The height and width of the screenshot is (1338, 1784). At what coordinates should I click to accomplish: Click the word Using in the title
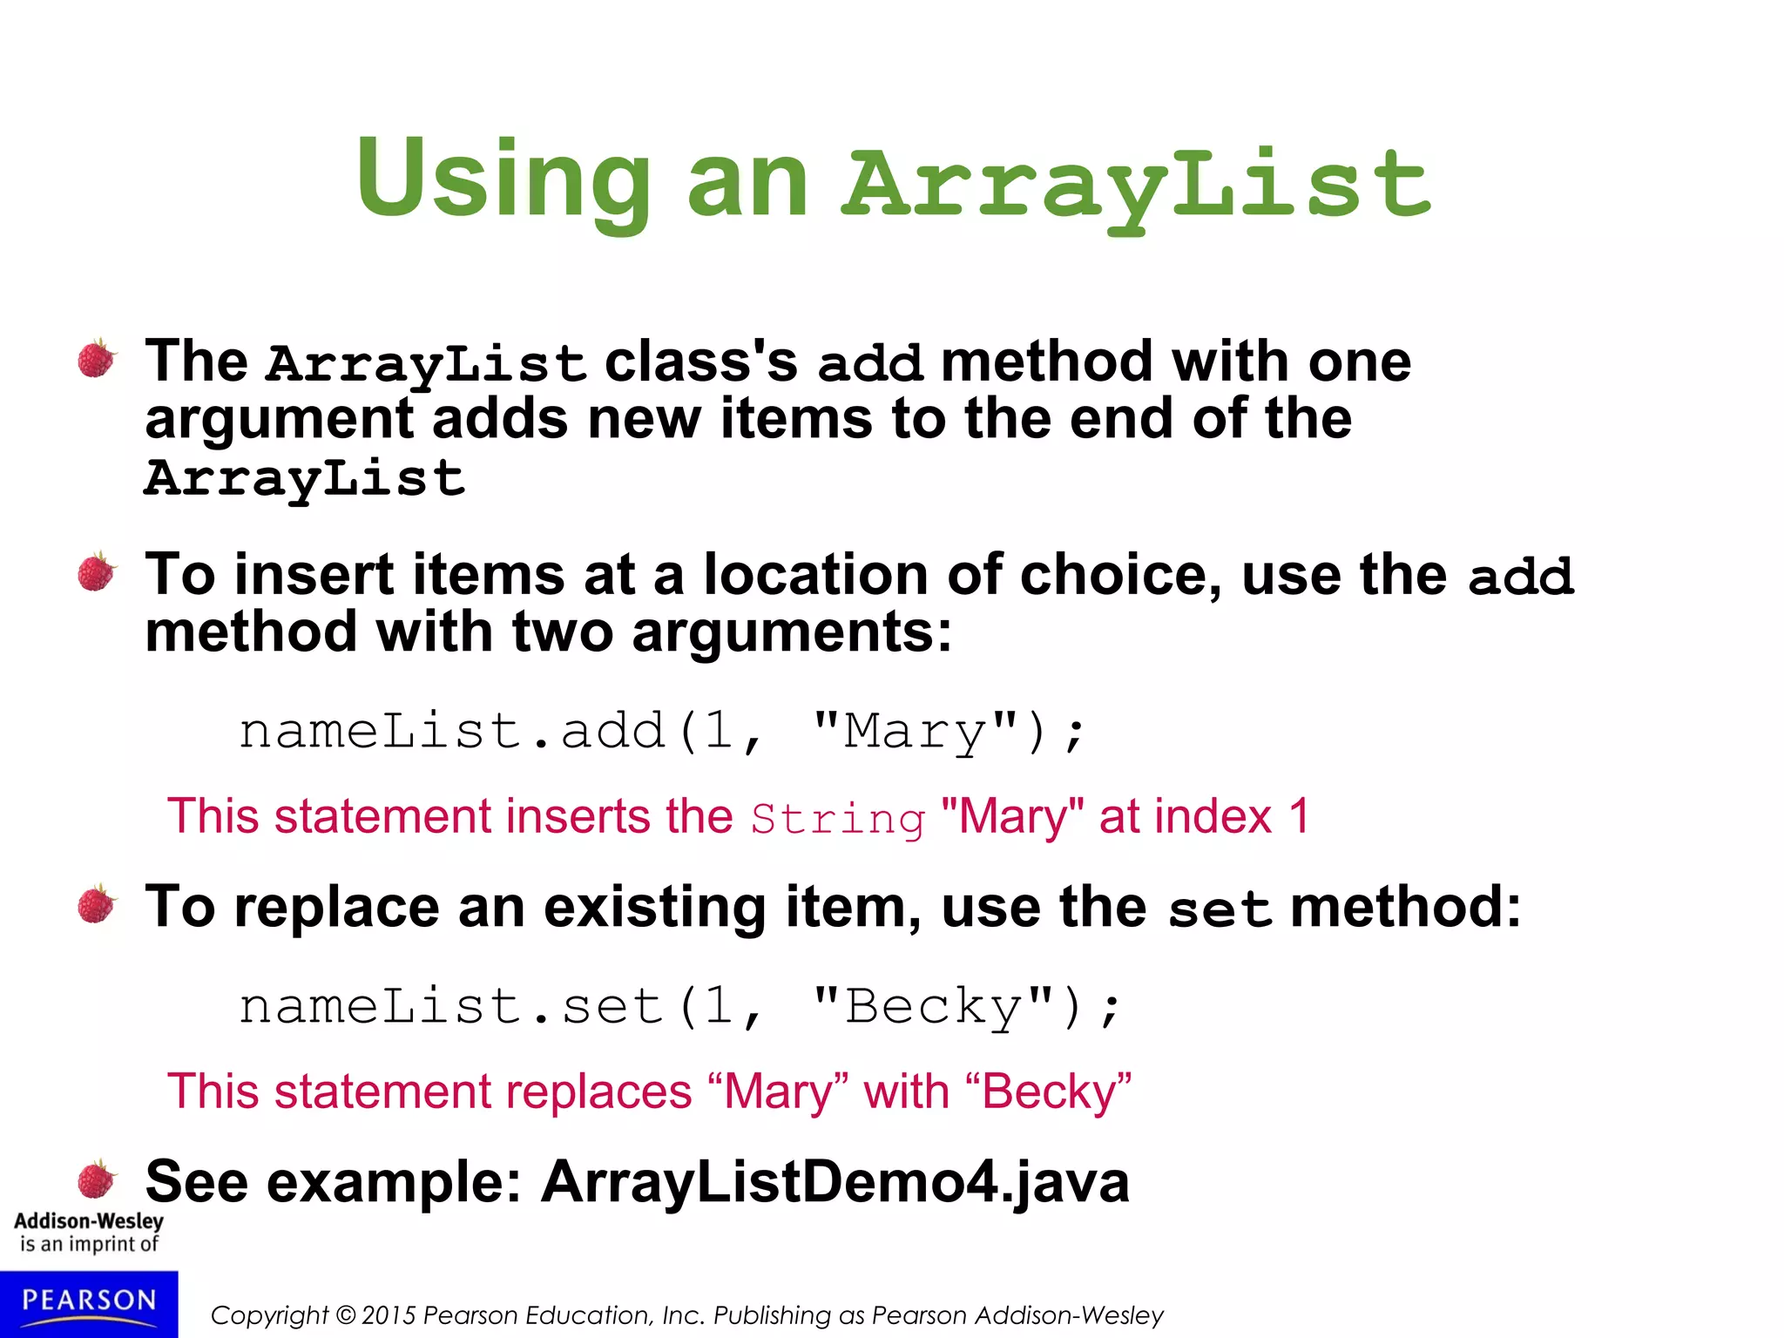[x=503, y=181]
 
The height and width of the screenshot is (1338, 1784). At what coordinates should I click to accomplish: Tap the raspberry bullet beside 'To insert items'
[x=97, y=572]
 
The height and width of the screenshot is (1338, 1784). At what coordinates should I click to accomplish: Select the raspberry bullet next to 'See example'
[x=97, y=1179]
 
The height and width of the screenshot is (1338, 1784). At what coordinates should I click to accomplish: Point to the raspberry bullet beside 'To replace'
[x=97, y=904]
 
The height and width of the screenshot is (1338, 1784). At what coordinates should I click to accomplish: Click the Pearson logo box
[x=89, y=1303]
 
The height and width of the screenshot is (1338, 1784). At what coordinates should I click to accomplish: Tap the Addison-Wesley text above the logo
[x=89, y=1221]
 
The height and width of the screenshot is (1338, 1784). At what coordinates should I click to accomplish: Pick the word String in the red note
[x=837, y=819]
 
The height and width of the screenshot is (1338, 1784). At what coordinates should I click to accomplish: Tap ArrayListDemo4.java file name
[x=835, y=1182]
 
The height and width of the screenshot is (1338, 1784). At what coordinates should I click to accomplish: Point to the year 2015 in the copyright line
[x=389, y=1315]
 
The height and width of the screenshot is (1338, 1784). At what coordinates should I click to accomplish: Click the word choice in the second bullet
[x=1120, y=575]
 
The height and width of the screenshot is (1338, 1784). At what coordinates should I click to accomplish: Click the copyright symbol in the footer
[x=346, y=1315]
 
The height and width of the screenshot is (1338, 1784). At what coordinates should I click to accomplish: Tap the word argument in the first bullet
[x=279, y=419]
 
